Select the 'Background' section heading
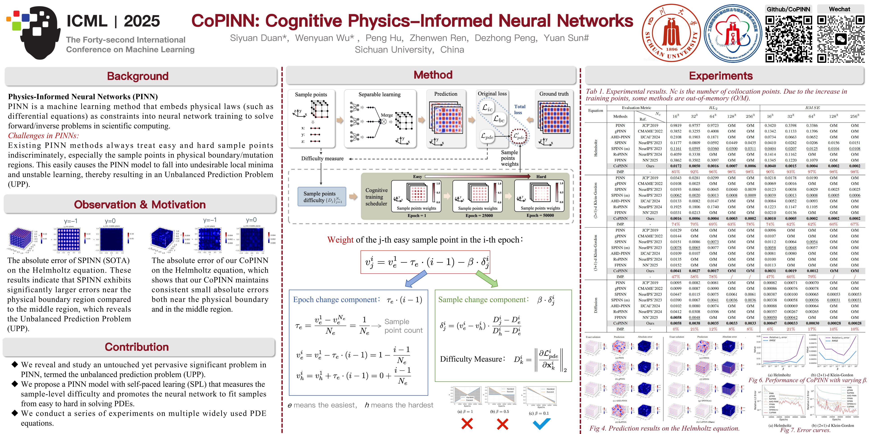[x=138, y=76]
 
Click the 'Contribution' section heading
[x=137, y=347]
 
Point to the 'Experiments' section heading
[x=721, y=76]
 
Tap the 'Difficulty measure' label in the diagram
[x=322, y=158]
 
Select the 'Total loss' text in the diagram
[x=520, y=109]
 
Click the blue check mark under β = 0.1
[x=541, y=424]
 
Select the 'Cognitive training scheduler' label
[x=376, y=197]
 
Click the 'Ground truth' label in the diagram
[x=554, y=94]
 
